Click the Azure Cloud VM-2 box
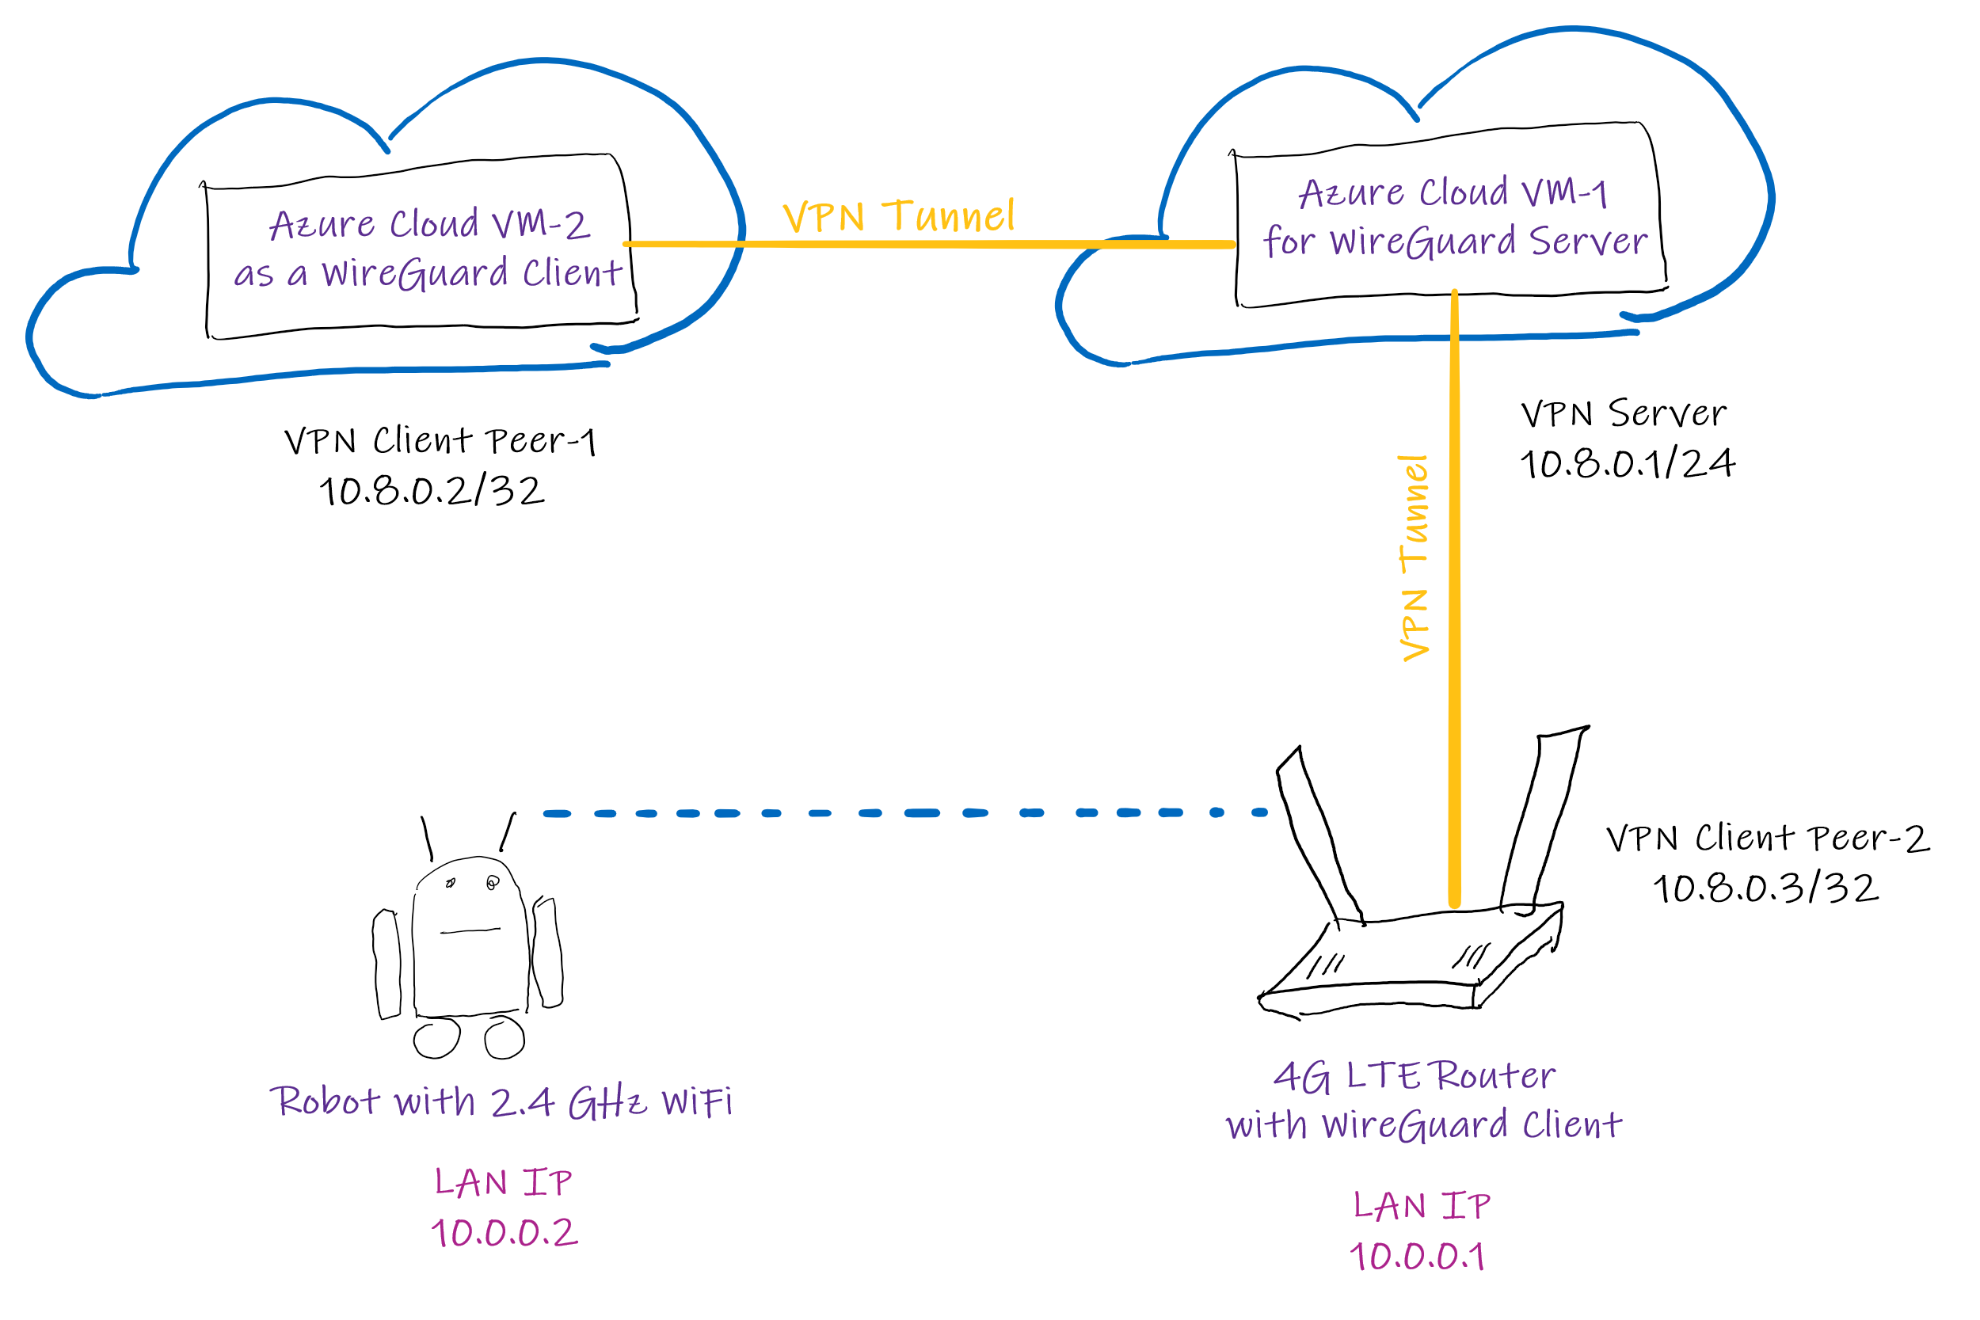point(421,249)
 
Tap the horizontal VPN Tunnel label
point(898,216)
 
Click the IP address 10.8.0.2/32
point(432,492)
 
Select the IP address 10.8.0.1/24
point(1627,464)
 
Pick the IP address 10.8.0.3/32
point(1765,889)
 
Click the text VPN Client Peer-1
point(440,441)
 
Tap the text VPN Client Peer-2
point(1767,839)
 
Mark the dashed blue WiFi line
point(905,813)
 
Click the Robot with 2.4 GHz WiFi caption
point(501,1102)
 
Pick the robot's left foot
point(437,1038)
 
